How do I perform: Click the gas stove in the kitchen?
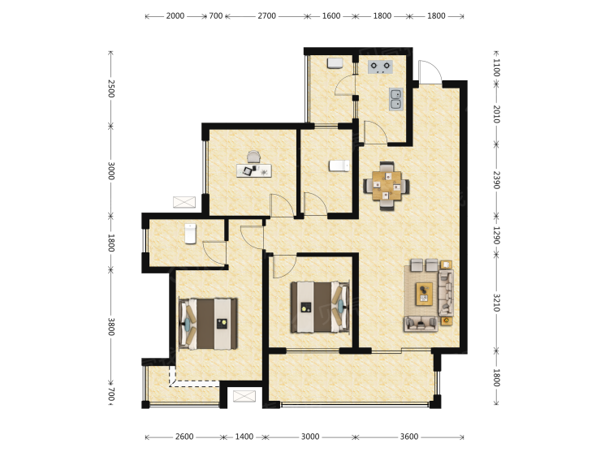(x=380, y=67)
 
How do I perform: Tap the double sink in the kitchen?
(x=395, y=99)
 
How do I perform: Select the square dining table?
(x=387, y=186)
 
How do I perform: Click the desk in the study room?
(x=254, y=170)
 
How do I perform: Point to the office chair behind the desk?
(x=253, y=157)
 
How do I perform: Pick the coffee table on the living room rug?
(x=424, y=294)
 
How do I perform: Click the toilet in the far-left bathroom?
(x=190, y=234)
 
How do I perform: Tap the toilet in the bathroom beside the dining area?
(x=339, y=166)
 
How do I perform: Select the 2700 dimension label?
(x=267, y=16)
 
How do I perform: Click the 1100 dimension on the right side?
(x=496, y=67)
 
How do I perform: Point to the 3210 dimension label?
(x=496, y=303)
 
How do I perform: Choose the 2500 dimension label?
(x=111, y=88)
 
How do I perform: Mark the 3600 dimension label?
(x=409, y=437)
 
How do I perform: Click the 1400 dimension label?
(x=244, y=437)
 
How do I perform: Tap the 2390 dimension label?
(x=496, y=179)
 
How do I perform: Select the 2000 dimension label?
(x=175, y=16)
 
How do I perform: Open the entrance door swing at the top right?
(x=430, y=71)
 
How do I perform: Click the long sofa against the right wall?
(x=446, y=293)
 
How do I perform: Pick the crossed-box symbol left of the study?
(x=184, y=202)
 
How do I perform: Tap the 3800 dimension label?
(x=111, y=327)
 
